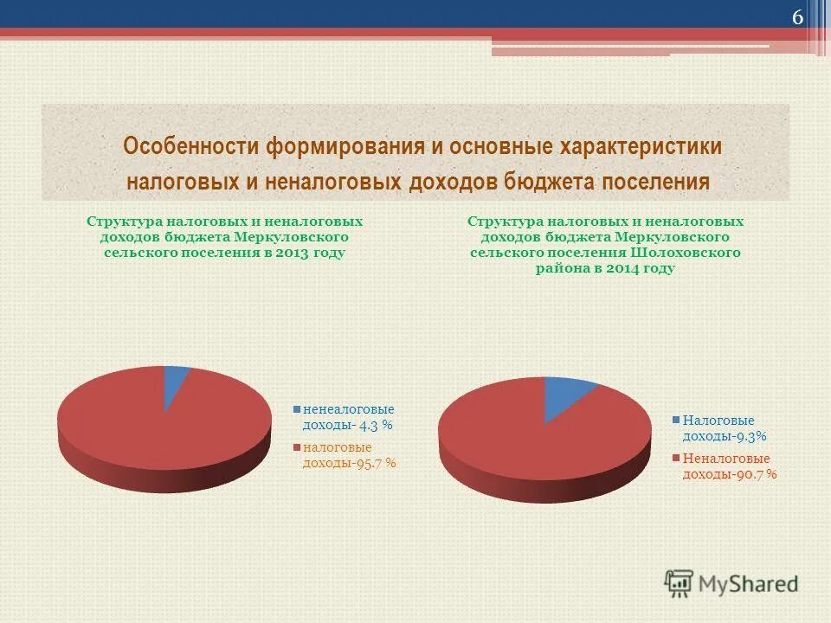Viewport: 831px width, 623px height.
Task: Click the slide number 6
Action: coord(797,19)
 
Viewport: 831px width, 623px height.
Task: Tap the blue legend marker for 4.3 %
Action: coord(296,409)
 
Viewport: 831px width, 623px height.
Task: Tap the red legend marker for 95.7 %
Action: coord(296,448)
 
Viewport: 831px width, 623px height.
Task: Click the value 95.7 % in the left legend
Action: coord(374,463)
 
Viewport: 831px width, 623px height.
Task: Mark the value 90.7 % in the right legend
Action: coord(755,474)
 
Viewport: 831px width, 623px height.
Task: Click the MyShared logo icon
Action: coord(680,584)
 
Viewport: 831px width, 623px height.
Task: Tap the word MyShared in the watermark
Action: coord(749,584)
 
